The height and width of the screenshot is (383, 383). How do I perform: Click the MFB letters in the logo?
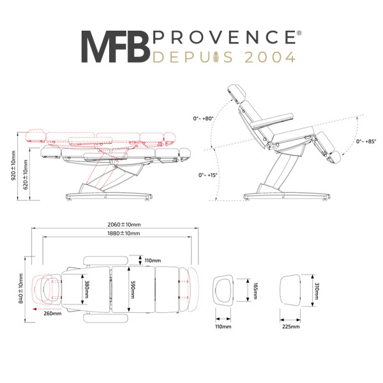(x=116, y=47)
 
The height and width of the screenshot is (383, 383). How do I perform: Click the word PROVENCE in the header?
(x=225, y=37)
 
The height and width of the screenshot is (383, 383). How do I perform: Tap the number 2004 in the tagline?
(x=270, y=57)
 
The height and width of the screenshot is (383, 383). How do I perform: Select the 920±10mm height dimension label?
(x=13, y=165)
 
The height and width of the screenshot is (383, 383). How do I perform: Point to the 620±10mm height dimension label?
(x=26, y=175)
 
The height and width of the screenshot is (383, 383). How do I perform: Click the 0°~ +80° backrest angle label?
(x=203, y=119)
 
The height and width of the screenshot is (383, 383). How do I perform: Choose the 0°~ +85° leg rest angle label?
(x=366, y=142)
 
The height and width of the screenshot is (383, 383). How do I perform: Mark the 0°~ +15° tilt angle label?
(x=207, y=175)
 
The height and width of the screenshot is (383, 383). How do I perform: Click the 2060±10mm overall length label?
(x=124, y=225)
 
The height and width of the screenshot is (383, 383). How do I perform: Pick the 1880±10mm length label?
(x=124, y=233)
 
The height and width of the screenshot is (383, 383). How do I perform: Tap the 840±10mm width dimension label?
(x=21, y=289)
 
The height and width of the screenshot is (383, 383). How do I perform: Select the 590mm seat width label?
(x=133, y=290)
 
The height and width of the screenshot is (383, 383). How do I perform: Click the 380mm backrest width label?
(x=86, y=289)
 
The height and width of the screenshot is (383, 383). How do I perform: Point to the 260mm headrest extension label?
(x=52, y=313)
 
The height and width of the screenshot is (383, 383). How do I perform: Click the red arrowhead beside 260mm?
(x=34, y=309)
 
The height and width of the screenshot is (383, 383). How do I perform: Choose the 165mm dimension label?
(x=255, y=291)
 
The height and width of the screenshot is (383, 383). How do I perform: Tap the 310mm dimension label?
(x=317, y=291)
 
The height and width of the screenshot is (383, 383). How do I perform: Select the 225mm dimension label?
(x=291, y=327)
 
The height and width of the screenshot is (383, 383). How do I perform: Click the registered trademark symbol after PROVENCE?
(x=299, y=33)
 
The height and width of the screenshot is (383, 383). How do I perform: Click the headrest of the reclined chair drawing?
(x=236, y=94)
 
